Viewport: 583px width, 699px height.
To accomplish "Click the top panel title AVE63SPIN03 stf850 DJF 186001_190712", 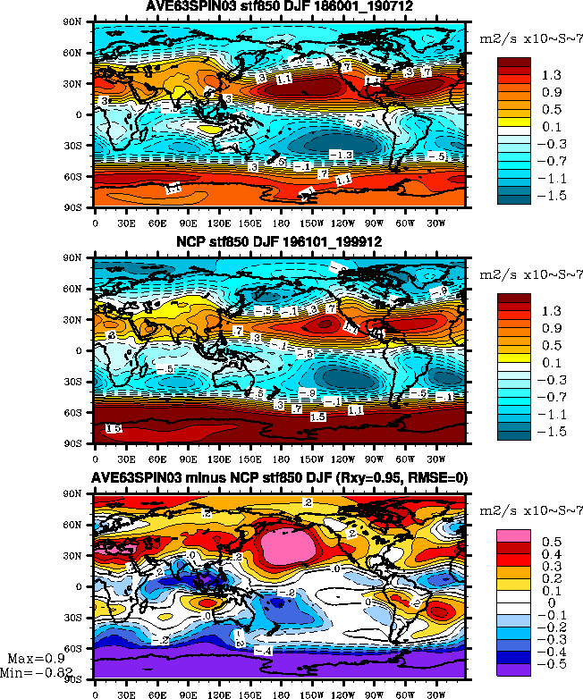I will pos(280,7).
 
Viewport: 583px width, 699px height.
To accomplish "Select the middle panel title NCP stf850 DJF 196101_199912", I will pos(279,243).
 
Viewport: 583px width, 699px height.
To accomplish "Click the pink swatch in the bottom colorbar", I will pos(513,535).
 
